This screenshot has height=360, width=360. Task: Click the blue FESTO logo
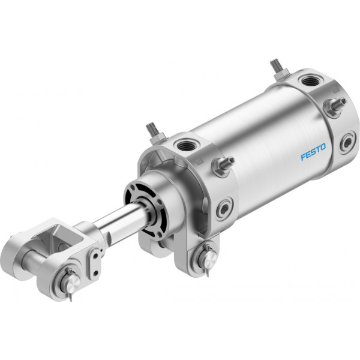click(x=313, y=152)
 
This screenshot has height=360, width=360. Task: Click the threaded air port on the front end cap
click(x=187, y=145)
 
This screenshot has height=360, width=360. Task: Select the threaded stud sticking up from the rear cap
click(x=277, y=67)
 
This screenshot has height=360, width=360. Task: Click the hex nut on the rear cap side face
click(x=332, y=107)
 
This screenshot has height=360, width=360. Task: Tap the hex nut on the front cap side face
click(x=220, y=167)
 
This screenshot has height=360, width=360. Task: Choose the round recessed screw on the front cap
click(x=224, y=208)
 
